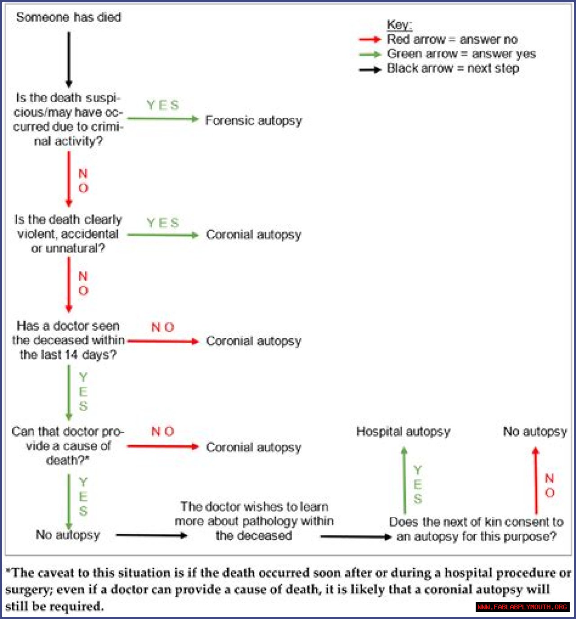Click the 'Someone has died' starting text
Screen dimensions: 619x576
(x=68, y=18)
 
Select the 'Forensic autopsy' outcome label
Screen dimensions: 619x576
(x=253, y=121)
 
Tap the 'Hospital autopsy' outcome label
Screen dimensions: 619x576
(x=403, y=431)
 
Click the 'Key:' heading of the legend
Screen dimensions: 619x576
(x=399, y=25)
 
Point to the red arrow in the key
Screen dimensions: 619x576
(x=370, y=40)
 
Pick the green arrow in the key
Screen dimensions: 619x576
(x=370, y=54)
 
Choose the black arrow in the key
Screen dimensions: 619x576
(x=370, y=70)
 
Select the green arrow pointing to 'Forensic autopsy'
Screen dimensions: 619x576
(x=163, y=119)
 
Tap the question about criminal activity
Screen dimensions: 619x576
(x=67, y=119)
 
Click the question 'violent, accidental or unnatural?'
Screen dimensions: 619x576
(x=68, y=234)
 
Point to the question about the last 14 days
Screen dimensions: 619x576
(x=68, y=340)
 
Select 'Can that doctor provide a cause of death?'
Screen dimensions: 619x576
(x=67, y=446)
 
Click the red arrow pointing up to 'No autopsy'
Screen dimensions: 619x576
(x=535, y=480)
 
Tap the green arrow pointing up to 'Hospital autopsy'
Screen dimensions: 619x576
(x=404, y=480)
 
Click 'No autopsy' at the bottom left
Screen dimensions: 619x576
(x=67, y=535)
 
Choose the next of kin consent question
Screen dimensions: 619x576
(x=476, y=529)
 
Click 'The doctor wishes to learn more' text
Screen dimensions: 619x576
(x=254, y=521)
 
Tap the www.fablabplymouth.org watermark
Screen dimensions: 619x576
(x=522, y=607)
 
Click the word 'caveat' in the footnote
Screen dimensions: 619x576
(x=56, y=573)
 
